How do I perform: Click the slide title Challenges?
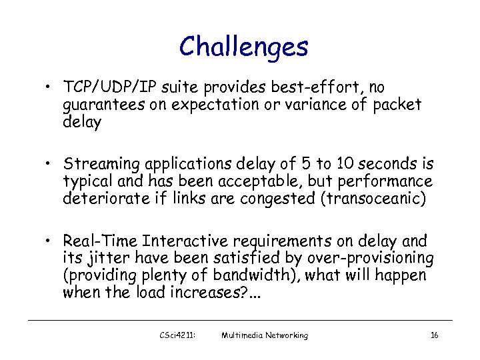click(x=243, y=47)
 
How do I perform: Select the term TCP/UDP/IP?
click(x=108, y=87)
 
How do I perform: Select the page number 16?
click(x=434, y=335)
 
